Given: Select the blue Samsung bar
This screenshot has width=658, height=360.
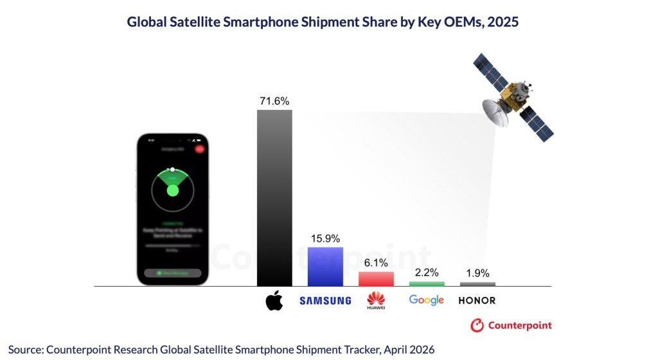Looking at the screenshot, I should click(x=325, y=266).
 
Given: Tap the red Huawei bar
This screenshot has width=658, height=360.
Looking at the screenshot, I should click(x=376, y=278).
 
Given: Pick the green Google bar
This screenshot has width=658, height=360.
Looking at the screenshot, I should click(x=427, y=283).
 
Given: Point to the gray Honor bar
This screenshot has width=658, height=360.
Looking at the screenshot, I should click(x=477, y=283).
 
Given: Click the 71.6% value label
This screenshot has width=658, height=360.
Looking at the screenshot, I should click(x=274, y=101).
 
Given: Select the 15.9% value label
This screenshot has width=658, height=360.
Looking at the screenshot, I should click(x=325, y=239).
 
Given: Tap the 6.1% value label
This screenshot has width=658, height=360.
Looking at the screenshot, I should click(x=376, y=263).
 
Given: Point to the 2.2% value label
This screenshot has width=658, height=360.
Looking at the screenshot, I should click(x=427, y=273).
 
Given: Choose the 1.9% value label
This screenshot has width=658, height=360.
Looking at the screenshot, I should click(x=477, y=273).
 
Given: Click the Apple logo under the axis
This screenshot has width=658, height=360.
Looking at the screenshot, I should click(x=274, y=300).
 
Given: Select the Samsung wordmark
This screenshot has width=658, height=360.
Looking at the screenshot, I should click(x=325, y=300).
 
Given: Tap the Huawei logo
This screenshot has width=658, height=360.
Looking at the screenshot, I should click(x=376, y=300).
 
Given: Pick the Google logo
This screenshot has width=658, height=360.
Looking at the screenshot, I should click(x=427, y=300).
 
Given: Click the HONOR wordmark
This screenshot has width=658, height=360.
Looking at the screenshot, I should click(x=477, y=300).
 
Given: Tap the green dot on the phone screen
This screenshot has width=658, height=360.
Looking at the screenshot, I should click(x=172, y=190).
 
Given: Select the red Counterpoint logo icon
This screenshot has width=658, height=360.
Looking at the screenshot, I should click(x=477, y=325).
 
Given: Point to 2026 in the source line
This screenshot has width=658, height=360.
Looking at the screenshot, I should click(x=421, y=349).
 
